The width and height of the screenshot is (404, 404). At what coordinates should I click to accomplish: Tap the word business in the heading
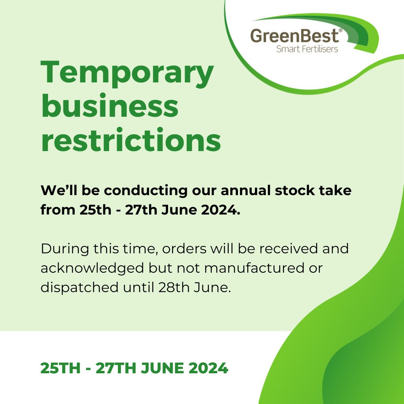click(110, 107)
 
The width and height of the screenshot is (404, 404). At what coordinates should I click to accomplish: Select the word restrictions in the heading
click(131, 140)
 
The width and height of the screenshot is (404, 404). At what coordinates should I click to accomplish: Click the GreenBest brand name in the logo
click(294, 37)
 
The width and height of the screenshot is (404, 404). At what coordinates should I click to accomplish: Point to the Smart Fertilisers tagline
click(307, 49)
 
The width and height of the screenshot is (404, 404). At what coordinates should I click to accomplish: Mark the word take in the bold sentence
click(336, 190)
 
